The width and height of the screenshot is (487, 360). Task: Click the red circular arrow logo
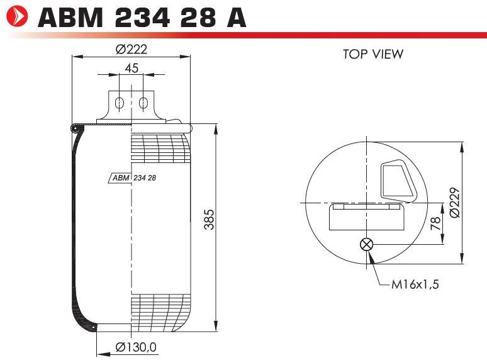(x=17, y=16)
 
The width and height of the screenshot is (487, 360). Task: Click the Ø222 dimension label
(x=132, y=49)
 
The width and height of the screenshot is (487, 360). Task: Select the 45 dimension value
(x=132, y=68)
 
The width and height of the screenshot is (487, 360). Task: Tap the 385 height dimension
(x=209, y=220)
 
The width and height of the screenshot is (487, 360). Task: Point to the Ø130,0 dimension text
(x=136, y=347)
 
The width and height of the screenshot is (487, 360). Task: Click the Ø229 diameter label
(x=454, y=203)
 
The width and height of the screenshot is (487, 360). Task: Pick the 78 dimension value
(x=435, y=223)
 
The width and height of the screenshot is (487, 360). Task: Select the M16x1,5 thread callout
(x=415, y=284)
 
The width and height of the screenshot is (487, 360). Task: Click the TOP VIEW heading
(x=373, y=54)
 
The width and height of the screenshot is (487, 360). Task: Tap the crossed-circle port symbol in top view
(x=366, y=244)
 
